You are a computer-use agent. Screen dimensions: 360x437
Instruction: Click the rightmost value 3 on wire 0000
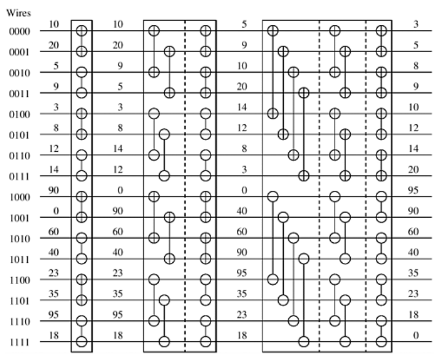[x=416, y=24]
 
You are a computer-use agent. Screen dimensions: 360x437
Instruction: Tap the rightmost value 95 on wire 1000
[x=416, y=190]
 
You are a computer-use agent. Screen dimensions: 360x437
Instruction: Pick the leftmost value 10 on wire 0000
[x=55, y=24]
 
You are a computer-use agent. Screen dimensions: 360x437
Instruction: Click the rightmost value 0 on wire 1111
[x=416, y=335]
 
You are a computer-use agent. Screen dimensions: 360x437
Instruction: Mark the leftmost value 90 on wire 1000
[x=55, y=190]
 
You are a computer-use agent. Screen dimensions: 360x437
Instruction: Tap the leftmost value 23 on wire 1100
[x=55, y=273]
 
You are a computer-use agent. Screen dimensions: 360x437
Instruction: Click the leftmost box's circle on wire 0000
[x=82, y=31]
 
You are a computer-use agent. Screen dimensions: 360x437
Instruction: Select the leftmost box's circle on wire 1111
[x=82, y=341]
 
